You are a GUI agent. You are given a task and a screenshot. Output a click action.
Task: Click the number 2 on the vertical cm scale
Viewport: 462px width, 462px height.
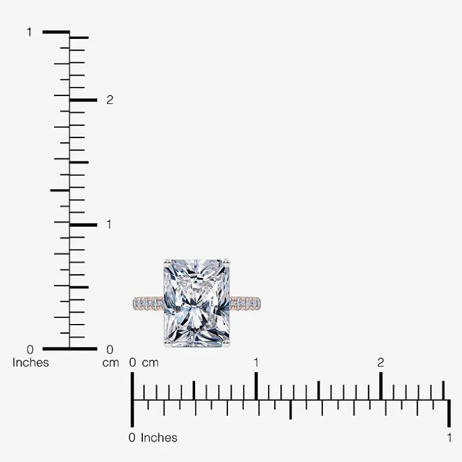110,100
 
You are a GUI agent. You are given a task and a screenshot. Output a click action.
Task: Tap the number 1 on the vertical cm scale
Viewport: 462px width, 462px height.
109,224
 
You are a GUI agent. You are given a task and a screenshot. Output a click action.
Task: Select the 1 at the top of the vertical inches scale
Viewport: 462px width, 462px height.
29,32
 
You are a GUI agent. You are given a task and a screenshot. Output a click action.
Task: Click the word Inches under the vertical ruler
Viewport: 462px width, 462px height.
31,363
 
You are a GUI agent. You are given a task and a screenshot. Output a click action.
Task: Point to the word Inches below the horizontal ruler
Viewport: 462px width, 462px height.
159,438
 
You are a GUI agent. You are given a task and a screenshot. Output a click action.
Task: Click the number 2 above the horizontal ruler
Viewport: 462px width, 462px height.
380,363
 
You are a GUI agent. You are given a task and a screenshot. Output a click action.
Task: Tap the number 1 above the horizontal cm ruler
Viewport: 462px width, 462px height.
256,363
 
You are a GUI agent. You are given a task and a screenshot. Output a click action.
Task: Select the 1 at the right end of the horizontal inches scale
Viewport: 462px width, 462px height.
449,438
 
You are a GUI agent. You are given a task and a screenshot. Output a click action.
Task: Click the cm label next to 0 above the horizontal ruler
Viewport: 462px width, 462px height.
150,363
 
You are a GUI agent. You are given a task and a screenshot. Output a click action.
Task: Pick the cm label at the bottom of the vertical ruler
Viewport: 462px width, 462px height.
110,363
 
